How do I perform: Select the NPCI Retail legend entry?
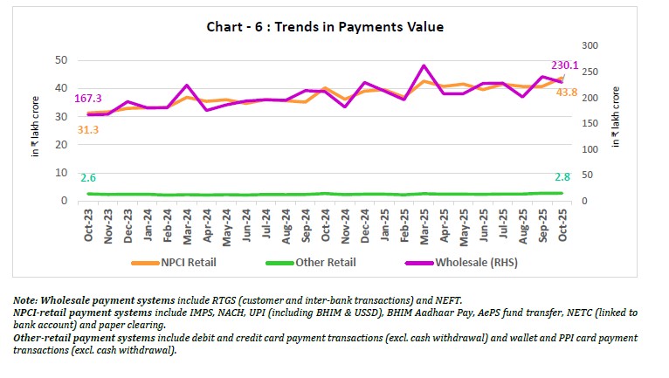(x=179, y=262)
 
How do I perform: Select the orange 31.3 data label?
(x=87, y=129)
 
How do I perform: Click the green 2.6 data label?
(x=87, y=178)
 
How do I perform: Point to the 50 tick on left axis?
(x=60, y=59)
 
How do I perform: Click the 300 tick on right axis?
(x=590, y=45)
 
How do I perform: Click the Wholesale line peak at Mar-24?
(x=186, y=86)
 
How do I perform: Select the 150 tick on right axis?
(x=590, y=123)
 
